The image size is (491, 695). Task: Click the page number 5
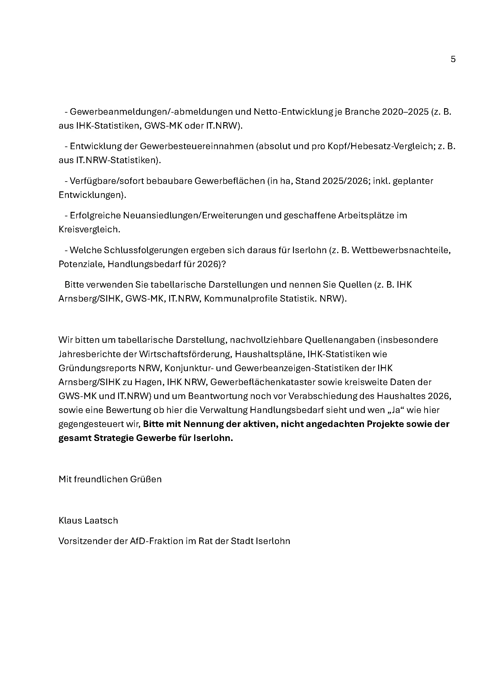tap(453, 59)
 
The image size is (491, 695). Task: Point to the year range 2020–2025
tap(405, 112)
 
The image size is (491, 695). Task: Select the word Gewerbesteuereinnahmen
tap(197, 146)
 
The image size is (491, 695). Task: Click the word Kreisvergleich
tap(89, 230)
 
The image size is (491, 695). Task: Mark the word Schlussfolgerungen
tap(144, 250)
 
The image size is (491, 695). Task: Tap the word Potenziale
tap(82, 264)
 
